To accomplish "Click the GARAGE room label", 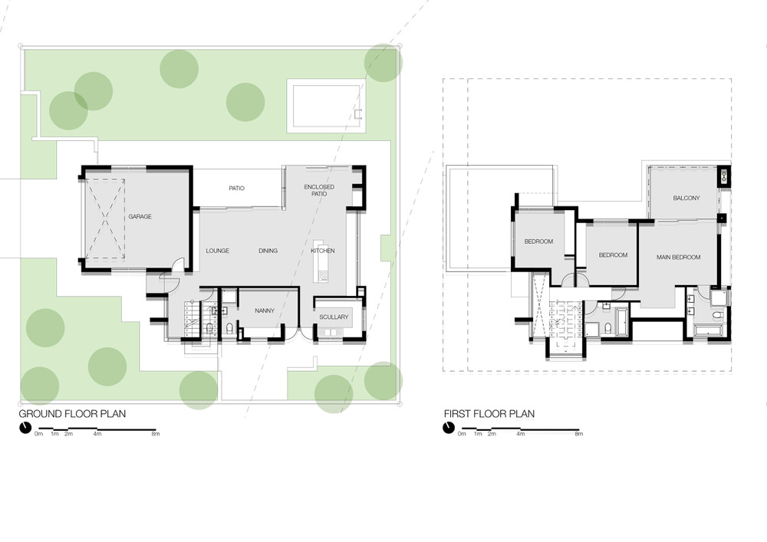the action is (x=140, y=216).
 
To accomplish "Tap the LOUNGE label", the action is (x=217, y=251).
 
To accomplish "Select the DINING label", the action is (x=268, y=251).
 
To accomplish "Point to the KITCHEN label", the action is (x=323, y=251).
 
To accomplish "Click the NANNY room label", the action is (x=265, y=310).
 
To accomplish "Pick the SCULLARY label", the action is (x=334, y=317).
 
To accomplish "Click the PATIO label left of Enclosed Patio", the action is (x=237, y=188).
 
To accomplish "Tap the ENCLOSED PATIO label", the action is (x=319, y=191).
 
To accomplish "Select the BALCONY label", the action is (x=686, y=198).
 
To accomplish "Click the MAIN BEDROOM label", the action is (x=679, y=257).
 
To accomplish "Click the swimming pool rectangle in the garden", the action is (x=326, y=106).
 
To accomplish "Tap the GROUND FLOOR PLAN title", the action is (x=72, y=414).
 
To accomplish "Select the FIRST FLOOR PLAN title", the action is (x=489, y=414).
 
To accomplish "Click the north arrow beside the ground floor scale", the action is (x=25, y=428).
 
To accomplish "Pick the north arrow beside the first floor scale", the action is (x=449, y=428).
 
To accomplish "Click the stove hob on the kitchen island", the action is (x=322, y=276).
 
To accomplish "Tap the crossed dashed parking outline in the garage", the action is (x=105, y=219).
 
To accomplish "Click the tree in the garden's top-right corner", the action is (x=383, y=63).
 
